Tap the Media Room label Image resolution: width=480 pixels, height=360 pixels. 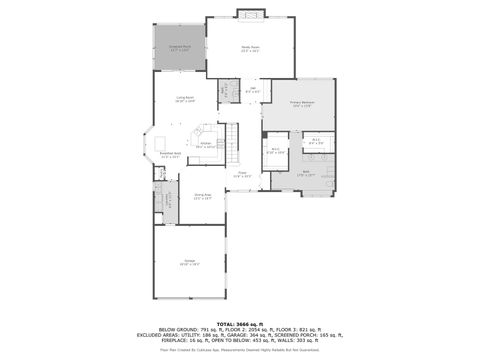pos(250,48)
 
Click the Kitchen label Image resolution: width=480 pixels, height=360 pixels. pos(205,145)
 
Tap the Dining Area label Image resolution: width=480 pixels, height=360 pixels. pos(203,197)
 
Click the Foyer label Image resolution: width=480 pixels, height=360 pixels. pos(241,174)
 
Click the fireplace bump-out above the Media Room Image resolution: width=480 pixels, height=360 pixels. pos(250,13)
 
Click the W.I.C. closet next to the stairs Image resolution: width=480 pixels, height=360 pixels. pos(276,151)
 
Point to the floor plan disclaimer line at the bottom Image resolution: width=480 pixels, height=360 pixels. pos(239,350)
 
